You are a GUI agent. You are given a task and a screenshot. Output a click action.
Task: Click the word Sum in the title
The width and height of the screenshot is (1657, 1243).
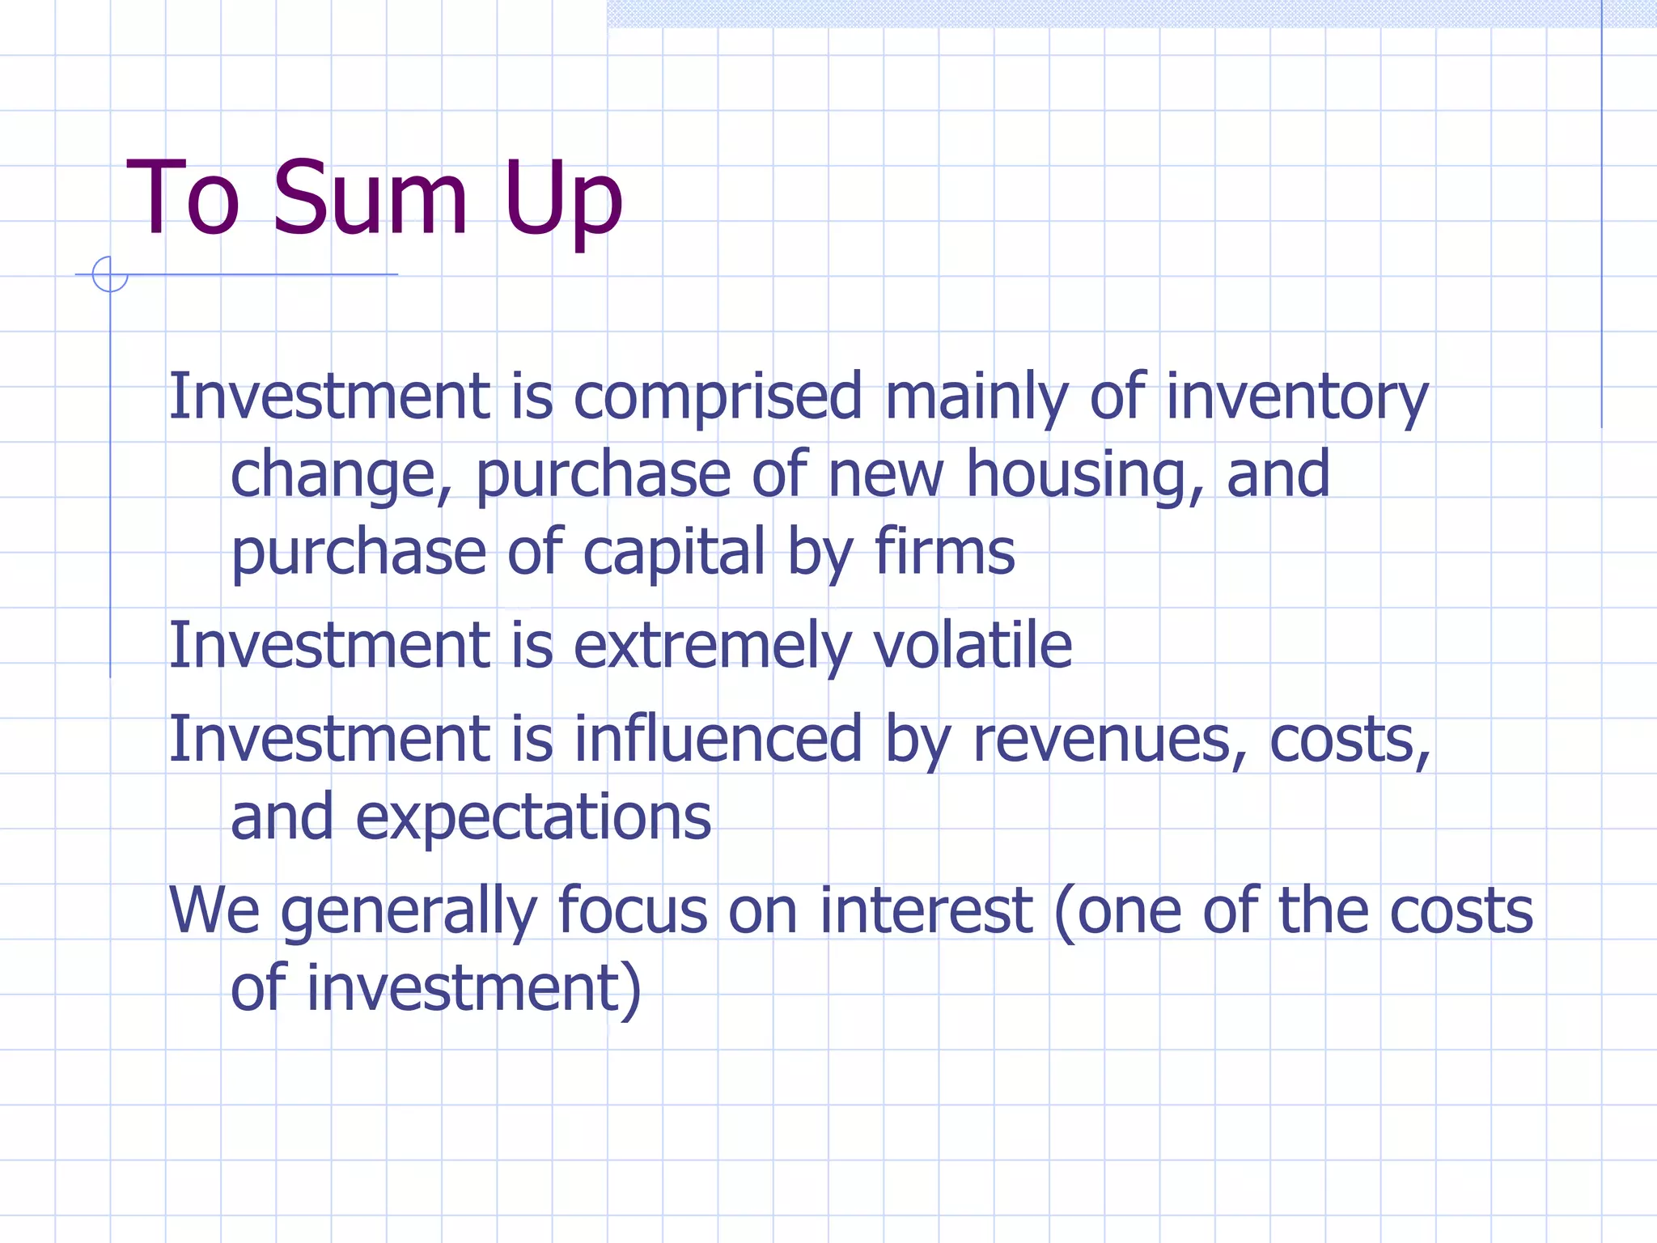click(x=370, y=198)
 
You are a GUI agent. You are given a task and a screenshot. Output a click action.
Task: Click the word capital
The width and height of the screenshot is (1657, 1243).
click(x=674, y=553)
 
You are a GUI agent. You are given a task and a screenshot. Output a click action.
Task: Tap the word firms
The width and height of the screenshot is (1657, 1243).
click(x=944, y=553)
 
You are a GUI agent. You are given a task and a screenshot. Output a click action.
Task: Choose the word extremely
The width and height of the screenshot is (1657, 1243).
click(x=712, y=646)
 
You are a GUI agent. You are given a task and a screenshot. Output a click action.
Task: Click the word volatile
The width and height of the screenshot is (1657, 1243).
click(x=973, y=646)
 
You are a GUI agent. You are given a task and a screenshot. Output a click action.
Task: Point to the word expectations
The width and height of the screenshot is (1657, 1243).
click(x=533, y=817)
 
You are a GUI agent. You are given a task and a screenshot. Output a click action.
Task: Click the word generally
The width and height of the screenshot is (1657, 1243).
click(x=409, y=911)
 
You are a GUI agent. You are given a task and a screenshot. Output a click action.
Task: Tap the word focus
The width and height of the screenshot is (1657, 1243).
click(x=633, y=911)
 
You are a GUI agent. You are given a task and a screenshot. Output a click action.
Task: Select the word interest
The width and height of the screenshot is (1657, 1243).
click(x=926, y=911)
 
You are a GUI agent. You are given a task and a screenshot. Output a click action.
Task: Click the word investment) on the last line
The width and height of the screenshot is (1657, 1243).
click(x=473, y=989)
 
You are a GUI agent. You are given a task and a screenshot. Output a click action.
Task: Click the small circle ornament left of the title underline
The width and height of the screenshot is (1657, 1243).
click(x=110, y=274)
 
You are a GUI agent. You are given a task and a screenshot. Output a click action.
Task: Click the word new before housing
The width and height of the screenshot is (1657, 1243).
click(x=886, y=475)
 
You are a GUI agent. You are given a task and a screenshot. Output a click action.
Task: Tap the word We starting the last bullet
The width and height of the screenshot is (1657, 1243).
click(x=214, y=911)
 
